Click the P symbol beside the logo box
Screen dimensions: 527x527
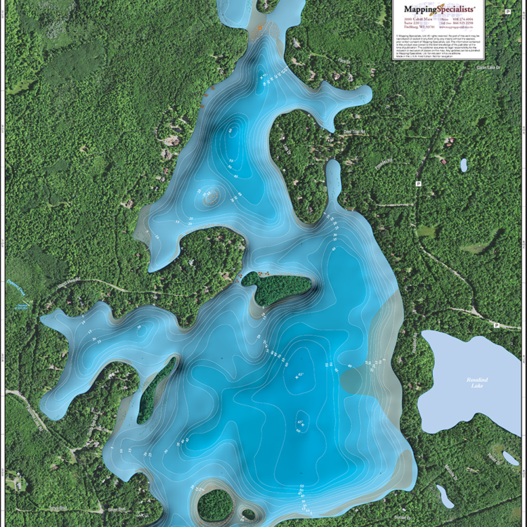[x=507, y=12]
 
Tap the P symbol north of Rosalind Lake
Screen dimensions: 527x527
[x=497, y=325]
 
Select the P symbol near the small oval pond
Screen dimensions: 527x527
[x=419, y=183]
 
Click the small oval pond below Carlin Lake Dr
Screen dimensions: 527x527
[x=463, y=164]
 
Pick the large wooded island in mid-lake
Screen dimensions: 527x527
[x=277, y=288]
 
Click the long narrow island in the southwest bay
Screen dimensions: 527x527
[x=155, y=389]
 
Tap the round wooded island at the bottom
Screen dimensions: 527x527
[x=215, y=505]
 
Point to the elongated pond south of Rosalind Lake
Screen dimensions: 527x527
[x=444, y=495]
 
